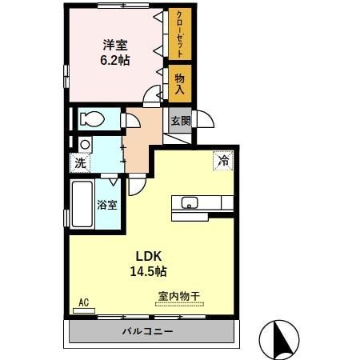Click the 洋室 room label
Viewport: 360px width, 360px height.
pos(116,44)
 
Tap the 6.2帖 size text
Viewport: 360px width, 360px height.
pos(116,60)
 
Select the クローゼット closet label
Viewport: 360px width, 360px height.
pos(179,33)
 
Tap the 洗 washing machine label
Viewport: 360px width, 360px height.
pos(80,162)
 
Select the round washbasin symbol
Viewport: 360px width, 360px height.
pos(84,144)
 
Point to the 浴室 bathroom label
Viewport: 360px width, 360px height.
pos(107,204)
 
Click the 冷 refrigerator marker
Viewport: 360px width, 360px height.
pos(223,160)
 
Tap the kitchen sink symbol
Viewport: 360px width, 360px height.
pos(190,202)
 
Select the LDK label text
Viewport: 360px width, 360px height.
pos(148,256)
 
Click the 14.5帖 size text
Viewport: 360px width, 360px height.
pos(148,271)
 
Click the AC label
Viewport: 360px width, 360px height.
pos(82,302)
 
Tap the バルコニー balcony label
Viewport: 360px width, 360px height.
pos(149,330)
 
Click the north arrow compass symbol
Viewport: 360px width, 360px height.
pos(281,338)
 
